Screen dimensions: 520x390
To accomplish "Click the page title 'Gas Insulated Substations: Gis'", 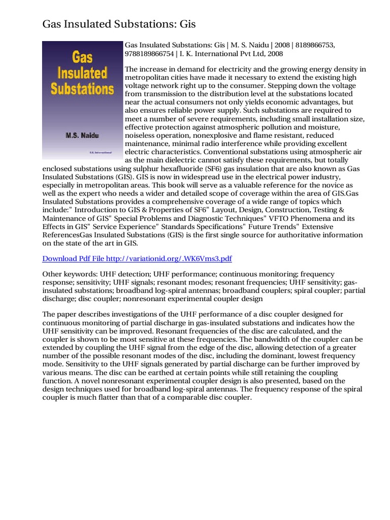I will pos(119,24).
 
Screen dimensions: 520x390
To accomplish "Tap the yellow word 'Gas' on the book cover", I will pos(71,58).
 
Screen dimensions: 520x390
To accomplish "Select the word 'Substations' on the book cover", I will pos(82,89).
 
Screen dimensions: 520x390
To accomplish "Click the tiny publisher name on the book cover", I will pos(97,152).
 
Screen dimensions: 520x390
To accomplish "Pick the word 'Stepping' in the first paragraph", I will pos(273,86).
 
